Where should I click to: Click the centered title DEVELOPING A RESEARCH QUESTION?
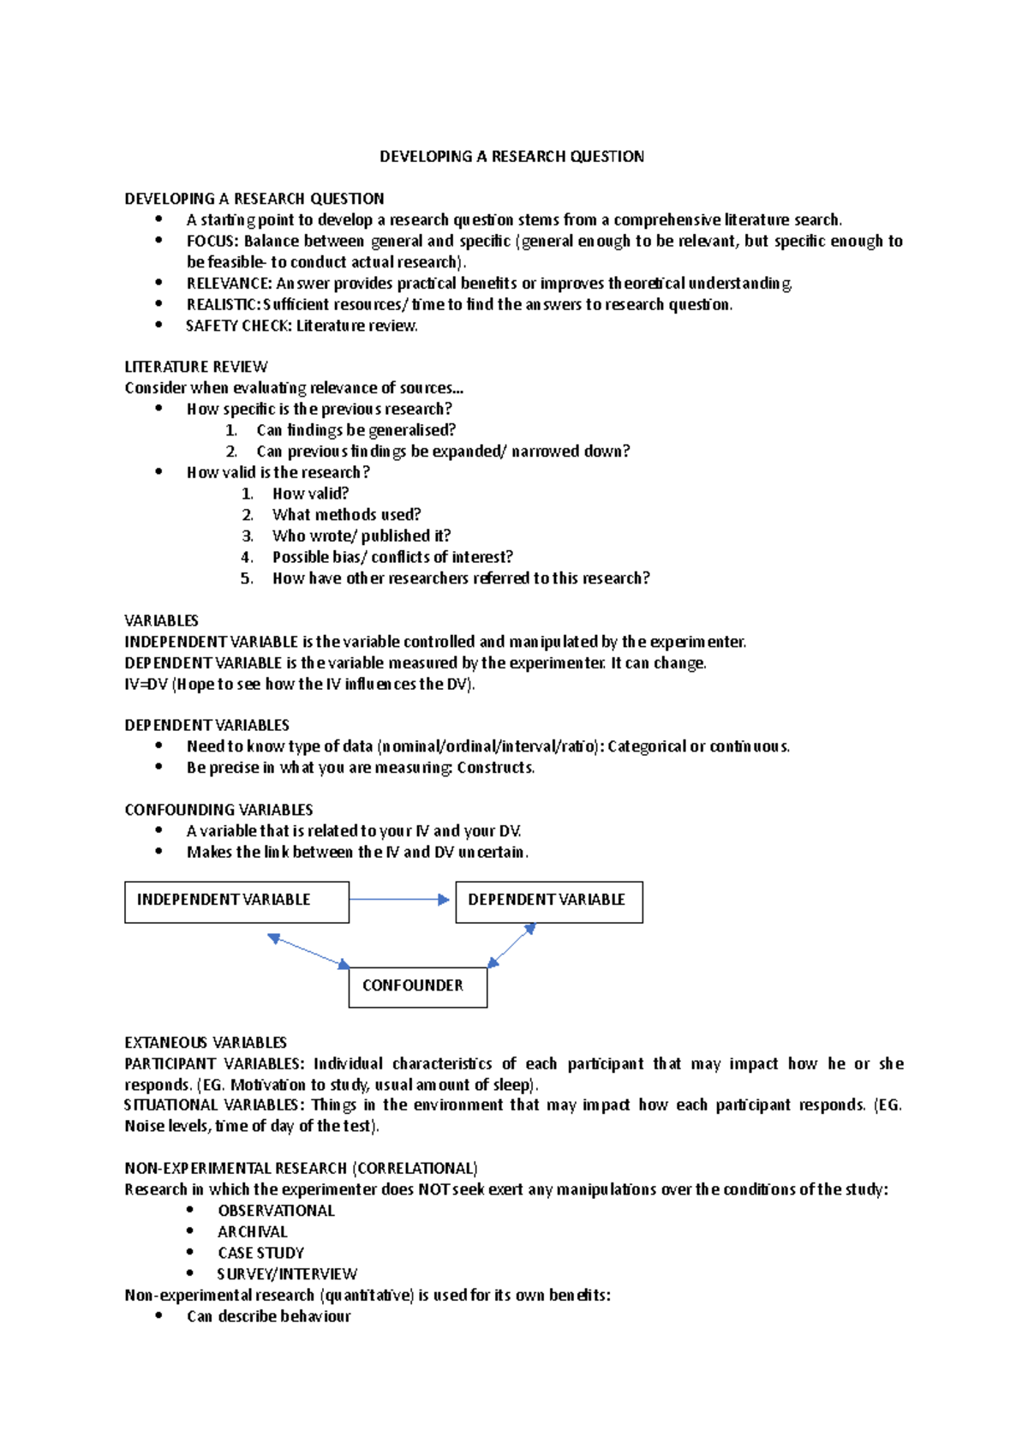(511, 157)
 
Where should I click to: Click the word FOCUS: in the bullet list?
(212, 242)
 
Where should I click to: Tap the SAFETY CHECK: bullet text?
(301, 326)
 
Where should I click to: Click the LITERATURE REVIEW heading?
(196, 367)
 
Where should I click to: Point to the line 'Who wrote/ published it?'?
(361, 536)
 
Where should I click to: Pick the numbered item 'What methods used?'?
(346, 515)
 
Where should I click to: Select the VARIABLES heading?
(161, 620)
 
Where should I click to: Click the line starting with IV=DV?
(299, 684)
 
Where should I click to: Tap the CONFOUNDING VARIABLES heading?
(218, 810)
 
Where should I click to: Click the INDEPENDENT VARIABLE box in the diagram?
(236, 902)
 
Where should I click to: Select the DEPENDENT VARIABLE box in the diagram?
(548, 902)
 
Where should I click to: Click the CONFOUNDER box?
(417, 987)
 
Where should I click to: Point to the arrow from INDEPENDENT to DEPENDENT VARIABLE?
(399, 900)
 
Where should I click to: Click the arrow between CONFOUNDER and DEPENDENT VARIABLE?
(511, 945)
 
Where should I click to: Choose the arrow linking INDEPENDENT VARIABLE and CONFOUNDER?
(308, 951)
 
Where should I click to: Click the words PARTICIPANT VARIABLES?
(214, 1064)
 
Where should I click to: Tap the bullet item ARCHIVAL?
(252, 1232)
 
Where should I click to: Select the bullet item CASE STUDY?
(260, 1253)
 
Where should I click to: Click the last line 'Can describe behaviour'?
(268, 1317)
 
